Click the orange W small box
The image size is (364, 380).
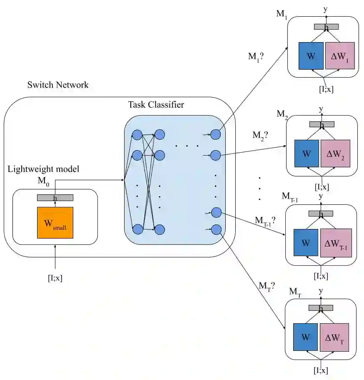55,222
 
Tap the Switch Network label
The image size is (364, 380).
58,85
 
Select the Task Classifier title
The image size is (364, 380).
156,105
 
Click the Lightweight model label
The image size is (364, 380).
43,169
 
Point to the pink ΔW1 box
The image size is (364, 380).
340,56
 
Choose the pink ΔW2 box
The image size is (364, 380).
335,154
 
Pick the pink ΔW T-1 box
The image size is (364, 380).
336,243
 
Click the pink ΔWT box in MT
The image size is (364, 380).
334,337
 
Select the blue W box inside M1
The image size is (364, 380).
311,56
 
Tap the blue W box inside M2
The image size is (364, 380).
307,154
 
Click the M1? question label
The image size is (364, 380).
256,57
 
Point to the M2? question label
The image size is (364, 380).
260,136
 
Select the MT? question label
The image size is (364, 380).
267,287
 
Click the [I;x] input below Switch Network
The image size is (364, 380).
55,278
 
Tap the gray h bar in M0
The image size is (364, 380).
55,198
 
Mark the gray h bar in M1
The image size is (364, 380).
326,27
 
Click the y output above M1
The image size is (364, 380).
326,10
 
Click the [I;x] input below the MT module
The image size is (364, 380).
321,370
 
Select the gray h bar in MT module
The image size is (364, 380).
321,308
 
